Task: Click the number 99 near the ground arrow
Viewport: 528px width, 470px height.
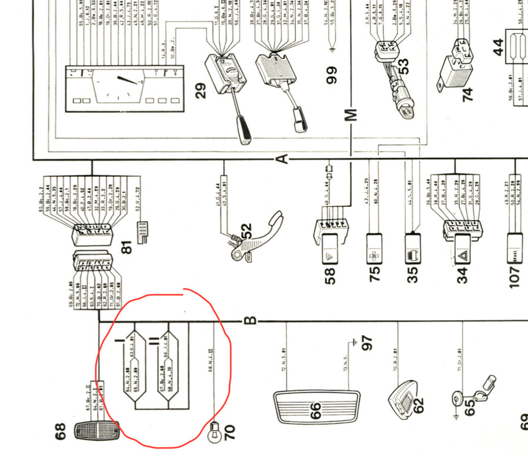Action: (332, 76)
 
